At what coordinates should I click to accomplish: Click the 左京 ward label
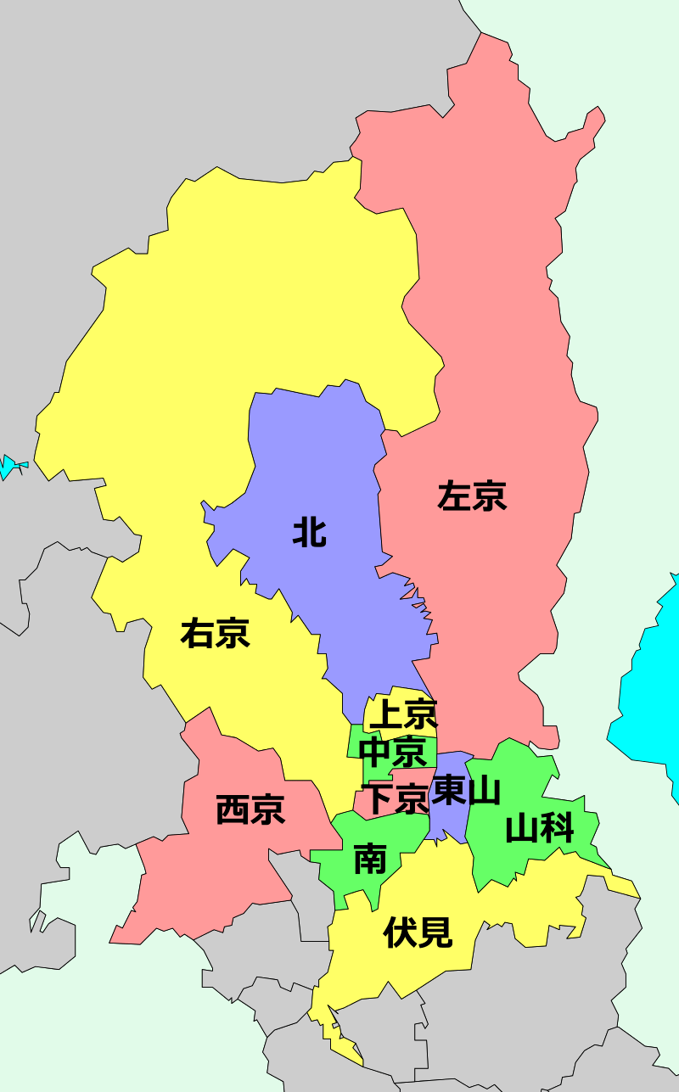472,496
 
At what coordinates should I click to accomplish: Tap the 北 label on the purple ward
309,532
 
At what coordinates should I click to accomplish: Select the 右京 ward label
215,633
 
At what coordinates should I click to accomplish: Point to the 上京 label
403,714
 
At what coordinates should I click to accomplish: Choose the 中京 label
392,752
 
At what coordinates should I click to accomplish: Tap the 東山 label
466,792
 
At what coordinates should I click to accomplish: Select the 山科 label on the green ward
540,828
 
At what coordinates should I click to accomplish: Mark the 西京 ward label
250,809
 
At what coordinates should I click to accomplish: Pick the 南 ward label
370,859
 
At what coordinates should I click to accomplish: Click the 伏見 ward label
418,932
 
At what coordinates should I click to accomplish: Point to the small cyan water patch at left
12,466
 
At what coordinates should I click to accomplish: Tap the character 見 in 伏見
435,932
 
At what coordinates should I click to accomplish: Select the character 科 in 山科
558,828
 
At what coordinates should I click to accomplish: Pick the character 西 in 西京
233,809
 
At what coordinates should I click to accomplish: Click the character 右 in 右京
197,633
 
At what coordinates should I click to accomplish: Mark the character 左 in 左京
454,496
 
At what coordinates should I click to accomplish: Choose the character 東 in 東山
448,792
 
